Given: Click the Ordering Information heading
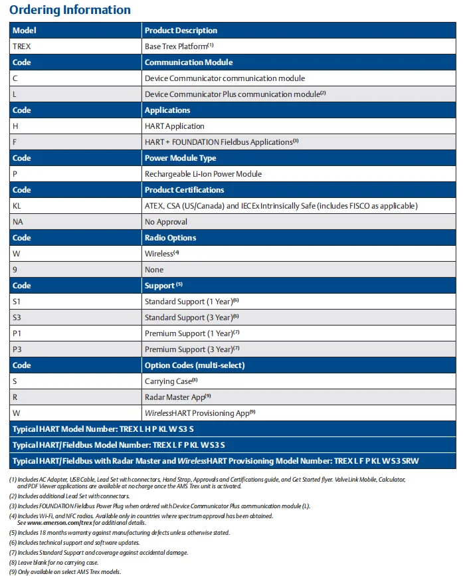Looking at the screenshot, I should point(70,10).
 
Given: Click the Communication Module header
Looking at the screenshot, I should point(189,62).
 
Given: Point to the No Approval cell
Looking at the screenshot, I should point(166,222).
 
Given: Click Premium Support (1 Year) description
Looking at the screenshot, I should point(191,334).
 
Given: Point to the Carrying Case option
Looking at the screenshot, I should point(171,381).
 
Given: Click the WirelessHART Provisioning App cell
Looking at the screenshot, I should point(200,413).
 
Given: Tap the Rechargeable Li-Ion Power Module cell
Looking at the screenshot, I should point(203,174).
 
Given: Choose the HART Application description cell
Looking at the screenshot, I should point(175,126).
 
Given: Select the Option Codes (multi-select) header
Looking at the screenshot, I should point(195,365).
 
